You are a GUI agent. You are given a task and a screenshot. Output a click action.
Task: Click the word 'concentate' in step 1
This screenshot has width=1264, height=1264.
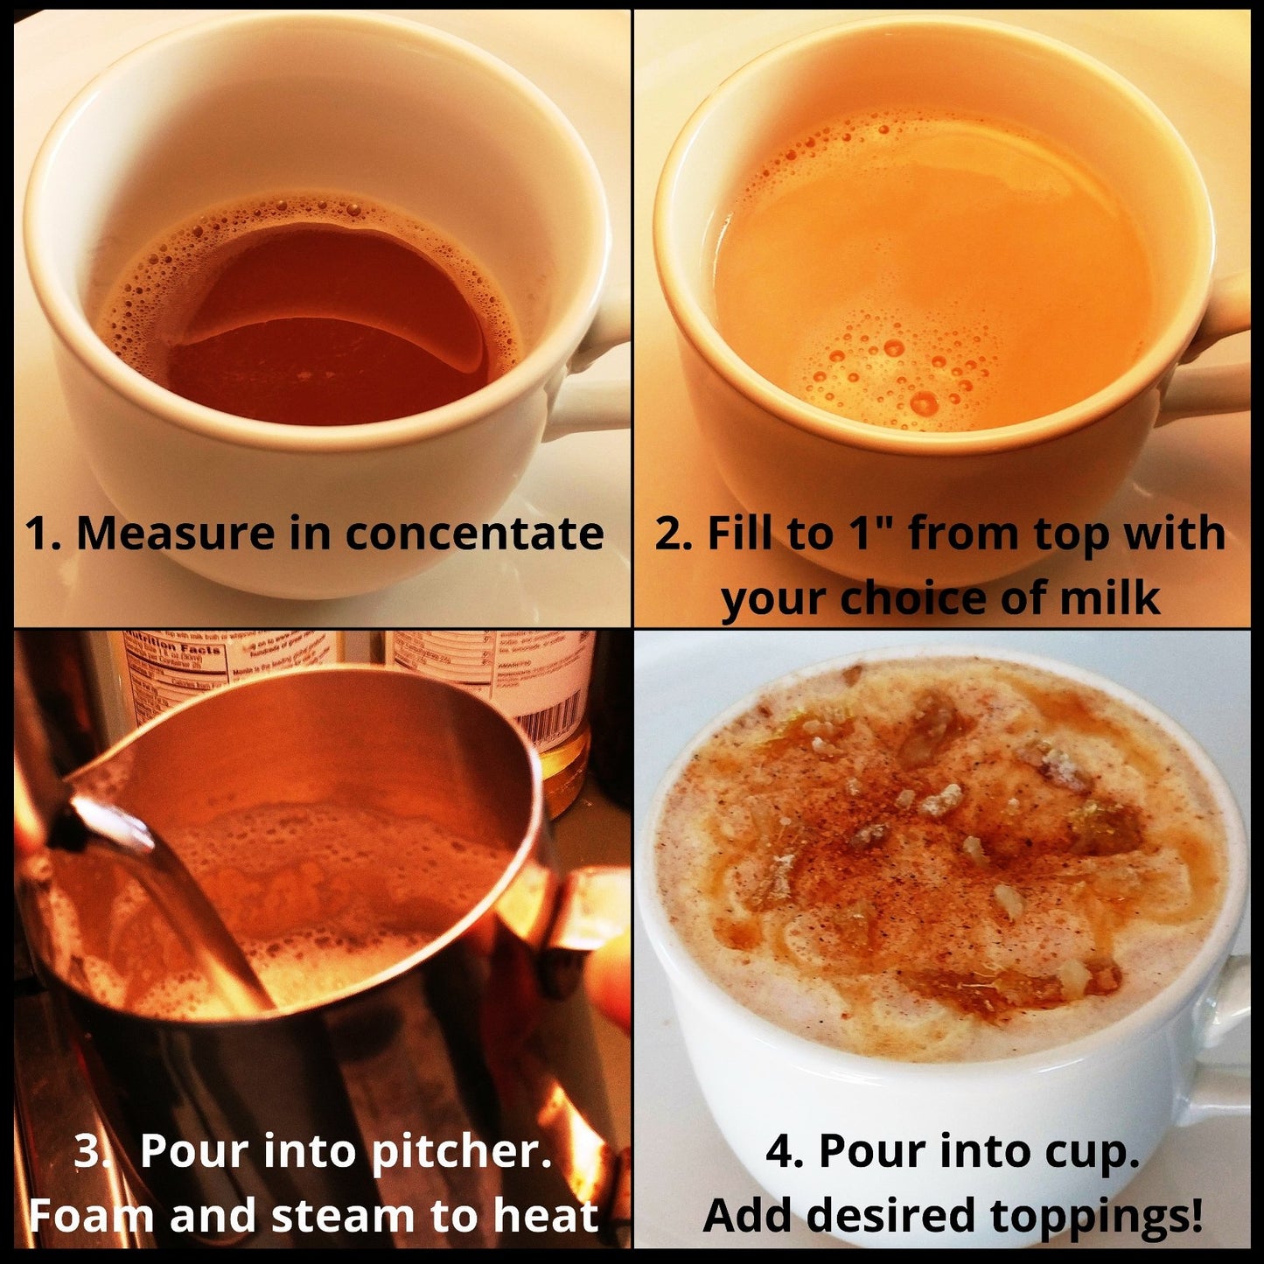point(474,533)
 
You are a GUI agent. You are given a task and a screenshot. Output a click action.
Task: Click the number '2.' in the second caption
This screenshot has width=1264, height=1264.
point(674,533)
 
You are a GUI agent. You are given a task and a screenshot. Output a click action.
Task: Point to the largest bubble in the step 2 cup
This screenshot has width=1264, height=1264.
point(925,402)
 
